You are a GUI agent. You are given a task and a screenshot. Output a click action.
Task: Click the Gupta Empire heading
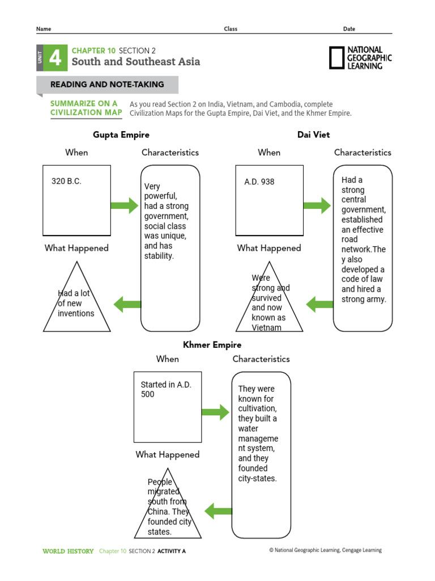click(121, 135)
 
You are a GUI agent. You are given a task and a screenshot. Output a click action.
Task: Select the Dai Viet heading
click(313, 134)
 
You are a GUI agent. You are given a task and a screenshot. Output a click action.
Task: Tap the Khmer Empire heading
click(212, 345)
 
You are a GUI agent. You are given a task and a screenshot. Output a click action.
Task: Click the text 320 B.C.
click(66, 181)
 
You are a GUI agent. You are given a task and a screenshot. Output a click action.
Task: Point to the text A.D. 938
click(259, 182)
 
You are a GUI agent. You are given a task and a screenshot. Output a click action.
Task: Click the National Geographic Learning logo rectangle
click(336, 58)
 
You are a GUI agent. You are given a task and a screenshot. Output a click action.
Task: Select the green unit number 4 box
click(56, 58)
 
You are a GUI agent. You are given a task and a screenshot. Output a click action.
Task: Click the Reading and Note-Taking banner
click(107, 85)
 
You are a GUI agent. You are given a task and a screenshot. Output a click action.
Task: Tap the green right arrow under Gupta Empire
click(125, 205)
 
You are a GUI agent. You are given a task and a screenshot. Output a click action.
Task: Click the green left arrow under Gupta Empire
click(127, 305)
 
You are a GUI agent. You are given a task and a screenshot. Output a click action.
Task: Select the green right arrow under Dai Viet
click(317, 205)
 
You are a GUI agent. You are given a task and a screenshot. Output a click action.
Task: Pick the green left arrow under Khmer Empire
click(218, 511)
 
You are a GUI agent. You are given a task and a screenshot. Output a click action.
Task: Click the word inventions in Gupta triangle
click(76, 313)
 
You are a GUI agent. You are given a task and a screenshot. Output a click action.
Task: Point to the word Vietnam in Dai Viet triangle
click(266, 327)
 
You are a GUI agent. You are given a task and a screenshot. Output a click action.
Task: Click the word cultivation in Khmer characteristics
click(258, 409)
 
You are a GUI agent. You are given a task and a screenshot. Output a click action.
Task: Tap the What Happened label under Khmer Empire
click(168, 454)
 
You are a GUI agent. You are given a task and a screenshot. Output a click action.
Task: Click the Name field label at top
click(44, 29)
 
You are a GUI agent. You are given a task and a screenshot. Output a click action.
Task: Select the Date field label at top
click(349, 29)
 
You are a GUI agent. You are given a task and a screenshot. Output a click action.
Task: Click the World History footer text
click(68, 551)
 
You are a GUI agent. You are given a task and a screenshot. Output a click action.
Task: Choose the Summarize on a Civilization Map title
click(86, 108)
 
